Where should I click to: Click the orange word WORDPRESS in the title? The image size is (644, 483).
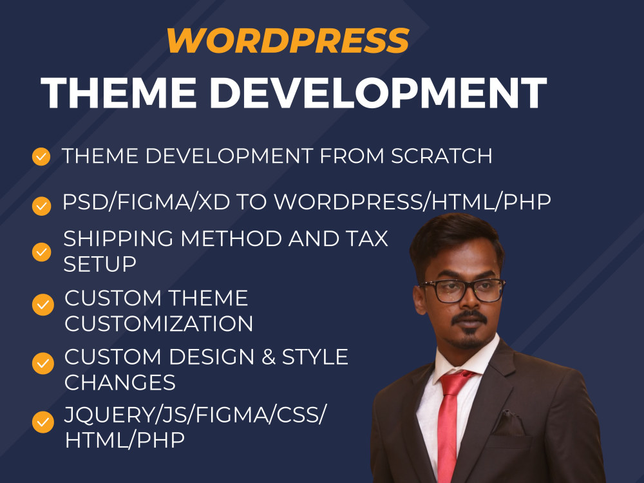tap(287, 41)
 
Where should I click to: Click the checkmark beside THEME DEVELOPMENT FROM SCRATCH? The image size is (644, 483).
tap(41, 156)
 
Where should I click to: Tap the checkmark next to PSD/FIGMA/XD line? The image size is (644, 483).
tap(41, 205)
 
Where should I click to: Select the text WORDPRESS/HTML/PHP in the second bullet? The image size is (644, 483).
tap(412, 203)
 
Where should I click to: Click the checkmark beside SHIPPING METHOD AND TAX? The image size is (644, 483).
tap(41, 252)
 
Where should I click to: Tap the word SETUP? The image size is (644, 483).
tap(99, 264)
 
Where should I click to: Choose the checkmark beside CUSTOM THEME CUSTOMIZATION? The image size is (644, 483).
tap(43, 304)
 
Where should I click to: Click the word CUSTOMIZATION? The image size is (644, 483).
tap(159, 323)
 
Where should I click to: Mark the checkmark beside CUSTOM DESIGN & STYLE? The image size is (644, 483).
tap(43, 363)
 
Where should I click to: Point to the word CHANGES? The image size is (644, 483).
tap(120, 383)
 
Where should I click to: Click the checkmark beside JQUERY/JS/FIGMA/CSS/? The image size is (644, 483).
tap(43, 422)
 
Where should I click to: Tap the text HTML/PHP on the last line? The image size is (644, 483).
tap(125, 440)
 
